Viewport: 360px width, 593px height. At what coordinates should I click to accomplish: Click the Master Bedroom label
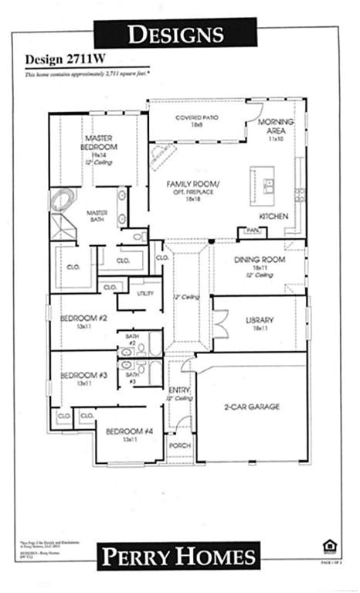point(100,142)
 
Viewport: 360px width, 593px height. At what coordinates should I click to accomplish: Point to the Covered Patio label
point(197,118)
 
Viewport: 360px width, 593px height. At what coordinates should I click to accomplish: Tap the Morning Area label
point(275,126)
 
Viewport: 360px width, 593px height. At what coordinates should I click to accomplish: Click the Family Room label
point(194,184)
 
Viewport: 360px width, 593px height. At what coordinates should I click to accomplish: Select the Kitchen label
point(273,216)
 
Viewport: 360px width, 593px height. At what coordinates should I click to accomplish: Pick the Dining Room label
point(260,260)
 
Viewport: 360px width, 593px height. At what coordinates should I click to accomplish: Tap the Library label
point(260,320)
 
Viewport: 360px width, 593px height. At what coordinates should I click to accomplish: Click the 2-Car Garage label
point(252,406)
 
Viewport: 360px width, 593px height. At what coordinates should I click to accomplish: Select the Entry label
point(179,390)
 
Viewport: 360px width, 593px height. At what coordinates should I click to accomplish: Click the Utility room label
point(145,294)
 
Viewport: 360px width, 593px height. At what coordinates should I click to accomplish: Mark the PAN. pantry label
point(252,230)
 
